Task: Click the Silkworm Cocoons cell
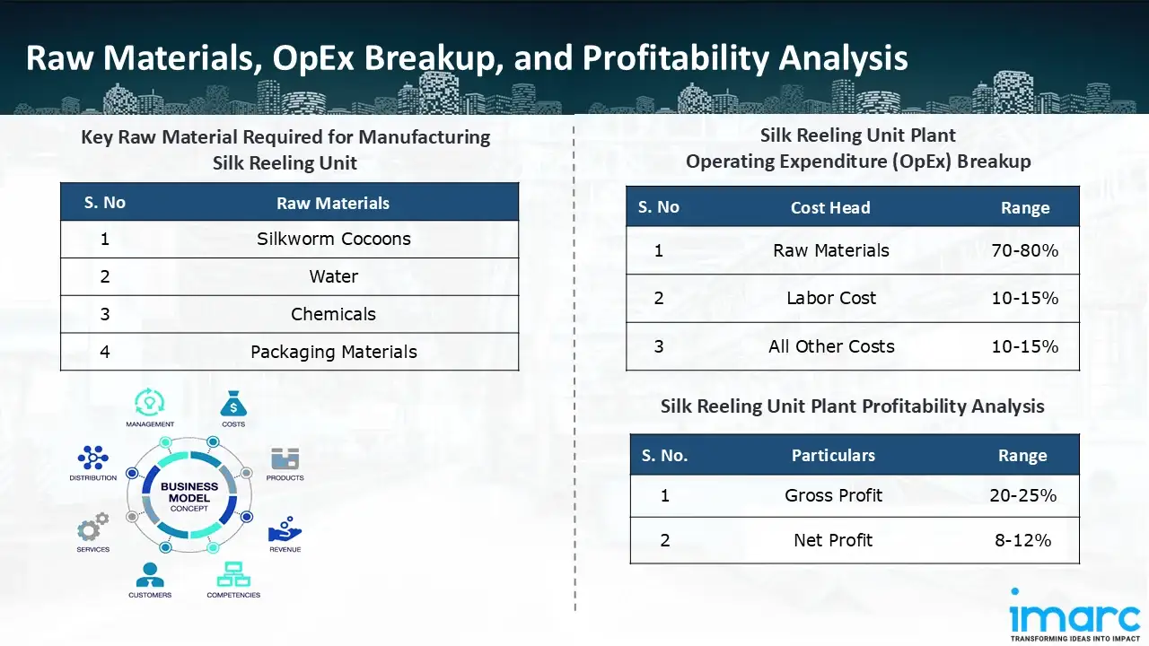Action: [333, 240]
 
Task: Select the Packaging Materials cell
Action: [333, 352]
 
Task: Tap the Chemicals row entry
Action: [333, 314]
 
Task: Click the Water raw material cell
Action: [333, 276]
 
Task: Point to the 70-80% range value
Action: [1024, 251]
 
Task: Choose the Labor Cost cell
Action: [830, 299]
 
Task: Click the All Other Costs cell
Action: [830, 346]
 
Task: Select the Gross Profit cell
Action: [833, 495]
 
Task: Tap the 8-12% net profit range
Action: [1022, 540]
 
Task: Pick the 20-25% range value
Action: [1022, 495]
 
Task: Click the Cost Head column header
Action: [830, 207]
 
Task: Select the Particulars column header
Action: [833, 456]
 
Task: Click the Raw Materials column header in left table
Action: [333, 203]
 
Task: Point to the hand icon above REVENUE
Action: [285, 528]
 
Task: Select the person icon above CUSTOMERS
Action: [149, 573]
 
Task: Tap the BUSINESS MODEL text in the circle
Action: [189, 493]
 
